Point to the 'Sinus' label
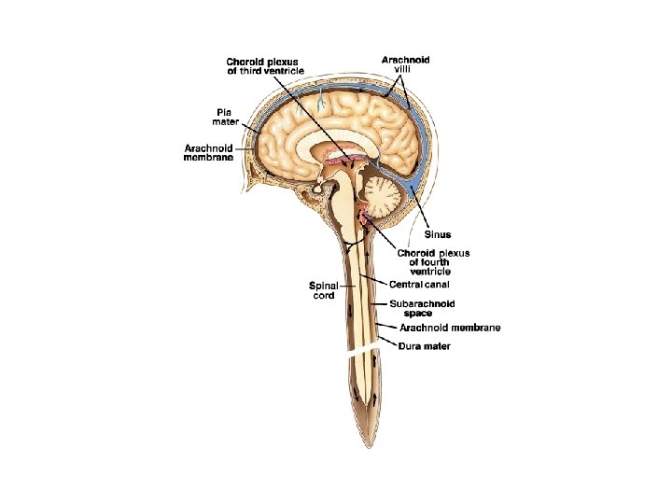439,234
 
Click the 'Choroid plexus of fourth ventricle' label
433,261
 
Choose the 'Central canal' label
419,284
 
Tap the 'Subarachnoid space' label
424,308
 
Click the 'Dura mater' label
425,346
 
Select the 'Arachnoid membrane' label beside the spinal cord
450,328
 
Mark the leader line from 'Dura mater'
388,343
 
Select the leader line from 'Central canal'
375,280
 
